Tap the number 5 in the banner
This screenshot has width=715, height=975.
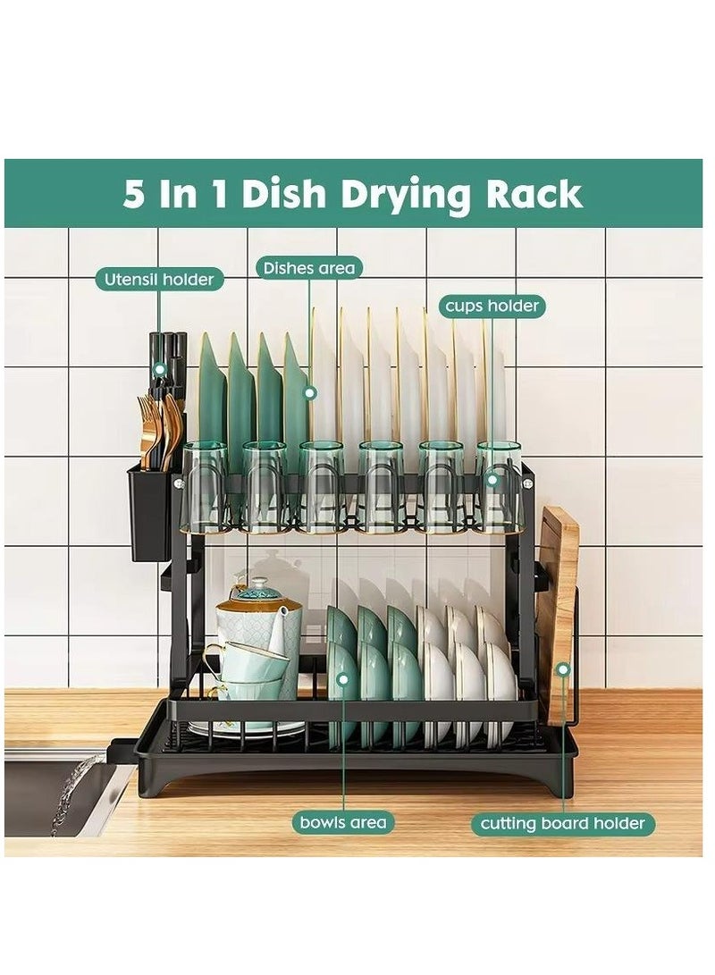pos(133,194)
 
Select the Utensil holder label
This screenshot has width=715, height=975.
pos(159,280)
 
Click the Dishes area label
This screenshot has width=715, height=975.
pos(308,267)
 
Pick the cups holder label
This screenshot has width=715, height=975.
pos(492,307)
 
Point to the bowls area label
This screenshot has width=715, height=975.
pos(343,822)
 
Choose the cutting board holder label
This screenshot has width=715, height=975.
pos(563,823)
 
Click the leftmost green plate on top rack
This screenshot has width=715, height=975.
pos(212,393)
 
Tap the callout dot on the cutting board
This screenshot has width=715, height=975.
pos(563,668)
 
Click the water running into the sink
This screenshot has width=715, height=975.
pos(76,791)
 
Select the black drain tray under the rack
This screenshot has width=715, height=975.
pos(357,760)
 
